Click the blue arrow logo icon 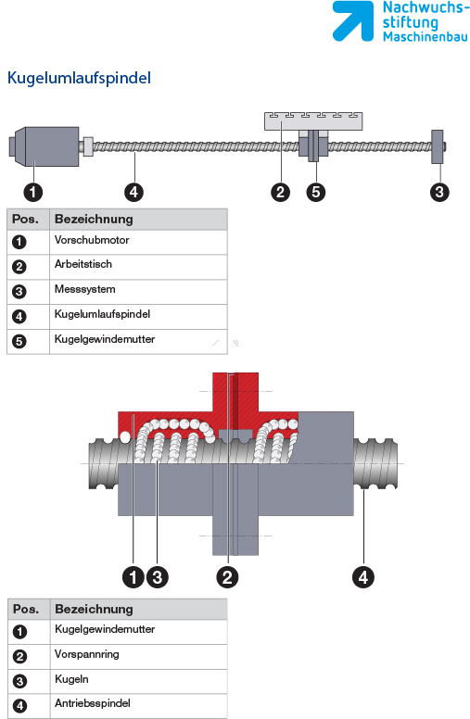[353, 21]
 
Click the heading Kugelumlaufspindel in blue [79, 78]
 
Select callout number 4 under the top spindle [133, 192]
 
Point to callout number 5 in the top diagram [316, 192]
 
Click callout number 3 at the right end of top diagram [439, 192]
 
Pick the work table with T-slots [313, 121]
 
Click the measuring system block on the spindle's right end [438, 146]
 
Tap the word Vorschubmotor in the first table [92, 240]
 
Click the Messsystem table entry [85, 289]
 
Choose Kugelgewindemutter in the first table [105, 339]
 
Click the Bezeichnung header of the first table [94, 220]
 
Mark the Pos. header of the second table [26, 609]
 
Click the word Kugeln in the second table [71, 679]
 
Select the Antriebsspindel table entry [93, 703]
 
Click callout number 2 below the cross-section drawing [227, 577]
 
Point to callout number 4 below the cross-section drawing [363, 577]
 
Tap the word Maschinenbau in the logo [426, 37]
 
